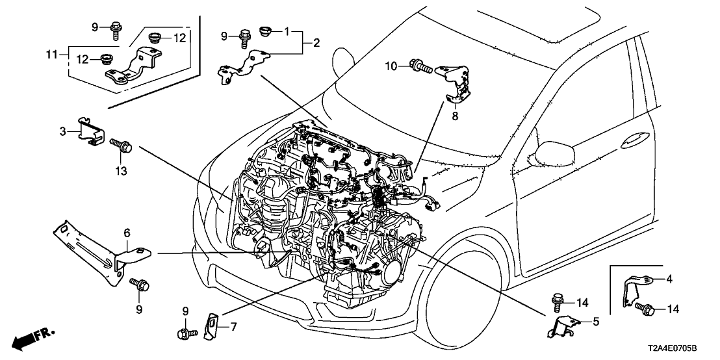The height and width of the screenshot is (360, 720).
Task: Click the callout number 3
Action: tap(63, 131)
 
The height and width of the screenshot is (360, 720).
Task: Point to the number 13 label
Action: tap(121, 171)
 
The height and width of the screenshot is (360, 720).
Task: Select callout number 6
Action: tap(127, 232)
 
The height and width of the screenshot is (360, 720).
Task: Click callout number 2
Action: tap(316, 44)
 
